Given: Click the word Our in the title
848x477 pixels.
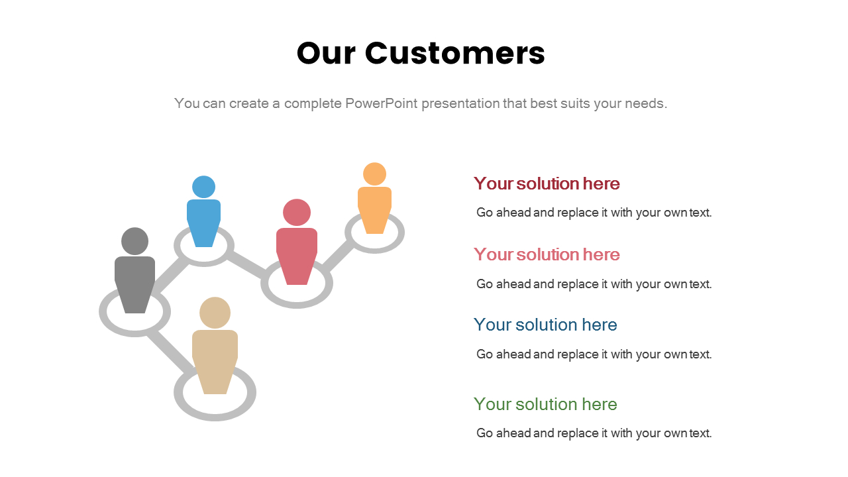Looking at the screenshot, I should point(325,53).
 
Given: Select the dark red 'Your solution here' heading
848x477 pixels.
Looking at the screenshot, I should point(547,184).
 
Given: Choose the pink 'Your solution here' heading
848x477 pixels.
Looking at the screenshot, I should point(547,254).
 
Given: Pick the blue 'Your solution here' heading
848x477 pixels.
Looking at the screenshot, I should point(545,325).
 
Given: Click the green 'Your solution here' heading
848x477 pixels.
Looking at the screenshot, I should point(545,404).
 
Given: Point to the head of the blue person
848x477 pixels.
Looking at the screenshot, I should point(203,187).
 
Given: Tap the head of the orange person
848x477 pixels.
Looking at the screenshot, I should point(374,174).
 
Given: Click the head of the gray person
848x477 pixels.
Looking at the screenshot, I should point(135,241).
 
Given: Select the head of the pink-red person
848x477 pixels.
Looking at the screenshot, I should point(297,212).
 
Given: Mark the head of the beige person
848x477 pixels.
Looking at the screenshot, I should point(215,313).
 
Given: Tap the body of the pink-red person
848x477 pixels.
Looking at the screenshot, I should point(297,252).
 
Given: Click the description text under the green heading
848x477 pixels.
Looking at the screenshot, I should point(594,433).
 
